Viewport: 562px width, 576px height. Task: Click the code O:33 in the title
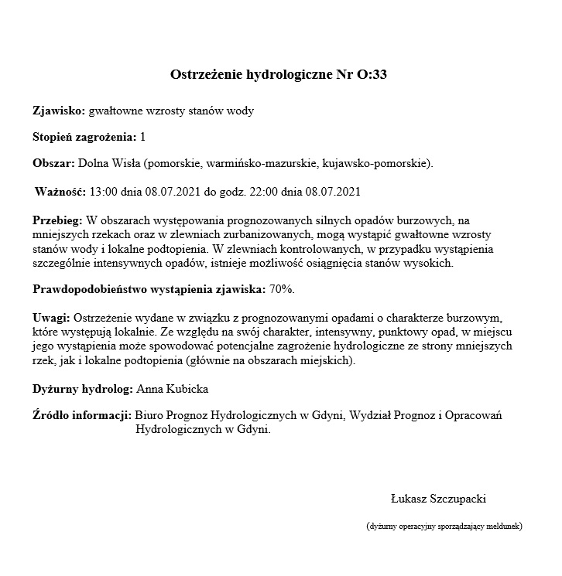coord(372,75)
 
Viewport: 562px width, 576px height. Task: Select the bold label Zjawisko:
coord(59,111)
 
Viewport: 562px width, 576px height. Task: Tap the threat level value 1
coord(142,137)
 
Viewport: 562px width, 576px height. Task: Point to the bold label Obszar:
coord(53,163)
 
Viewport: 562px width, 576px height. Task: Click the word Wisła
coord(125,163)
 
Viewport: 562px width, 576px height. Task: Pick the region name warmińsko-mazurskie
coord(256,163)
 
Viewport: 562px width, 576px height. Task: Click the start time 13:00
coord(105,190)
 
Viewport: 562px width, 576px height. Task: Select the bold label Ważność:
coord(61,190)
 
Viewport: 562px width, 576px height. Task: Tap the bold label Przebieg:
coord(58,220)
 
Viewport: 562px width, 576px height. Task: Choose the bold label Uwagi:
coord(51,318)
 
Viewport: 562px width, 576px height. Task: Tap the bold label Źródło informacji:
coord(81,416)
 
